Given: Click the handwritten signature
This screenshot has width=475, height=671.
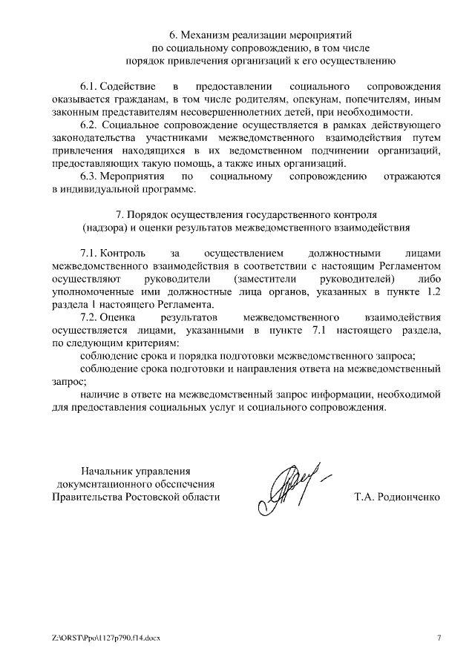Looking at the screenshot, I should (x=289, y=484).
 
